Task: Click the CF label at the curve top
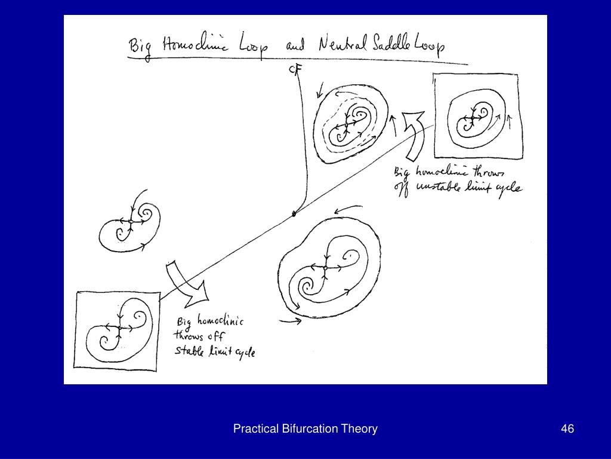tap(295, 70)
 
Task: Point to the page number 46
tap(567, 429)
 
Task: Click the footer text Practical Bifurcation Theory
tap(305, 429)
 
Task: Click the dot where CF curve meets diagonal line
tap(294, 213)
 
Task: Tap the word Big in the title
tap(140, 47)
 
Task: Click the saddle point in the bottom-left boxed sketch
tap(119, 328)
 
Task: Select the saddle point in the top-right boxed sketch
tap(471, 118)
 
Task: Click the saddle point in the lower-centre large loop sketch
tap(325, 268)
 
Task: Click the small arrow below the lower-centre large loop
tap(291, 321)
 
